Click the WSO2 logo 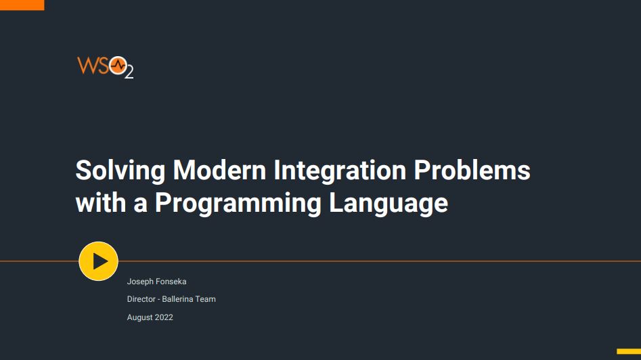(x=106, y=67)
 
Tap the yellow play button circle (x=99, y=261)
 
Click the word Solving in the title (x=120, y=171)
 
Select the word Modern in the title (x=219, y=170)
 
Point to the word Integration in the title (x=340, y=171)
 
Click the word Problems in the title (x=472, y=170)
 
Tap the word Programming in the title (x=238, y=204)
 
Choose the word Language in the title (x=389, y=204)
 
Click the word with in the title (x=101, y=203)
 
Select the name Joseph (x=140, y=282)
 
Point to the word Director (x=141, y=299)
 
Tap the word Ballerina (x=177, y=299)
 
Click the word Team (x=206, y=299)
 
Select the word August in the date (x=140, y=317)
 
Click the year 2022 (x=164, y=317)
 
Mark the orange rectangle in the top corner (x=22, y=5)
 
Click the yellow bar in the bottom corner (x=629, y=351)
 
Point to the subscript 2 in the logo (x=129, y=72)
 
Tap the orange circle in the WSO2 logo (x=118, y=66)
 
